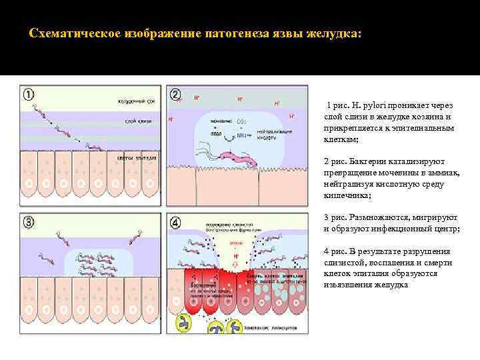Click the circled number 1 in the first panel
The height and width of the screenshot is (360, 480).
coord(30,95)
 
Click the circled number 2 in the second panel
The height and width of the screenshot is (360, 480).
coord(176,95)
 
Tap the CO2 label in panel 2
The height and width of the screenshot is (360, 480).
coord(241,121)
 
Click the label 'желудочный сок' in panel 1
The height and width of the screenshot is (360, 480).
coord(136,101)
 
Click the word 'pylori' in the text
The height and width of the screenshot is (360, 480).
coord(366,107)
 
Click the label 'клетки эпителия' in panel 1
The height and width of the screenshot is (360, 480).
coord(137,158)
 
